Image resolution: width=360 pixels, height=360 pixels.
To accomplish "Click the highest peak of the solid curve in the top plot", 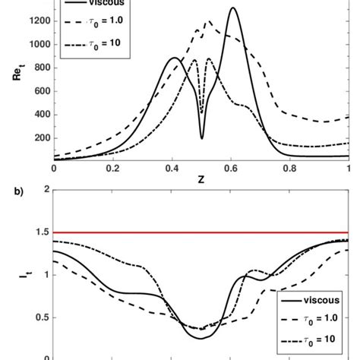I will [x=232, y=8].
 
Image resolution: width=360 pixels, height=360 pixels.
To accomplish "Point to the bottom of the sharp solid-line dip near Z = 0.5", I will [x=202, y=138].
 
